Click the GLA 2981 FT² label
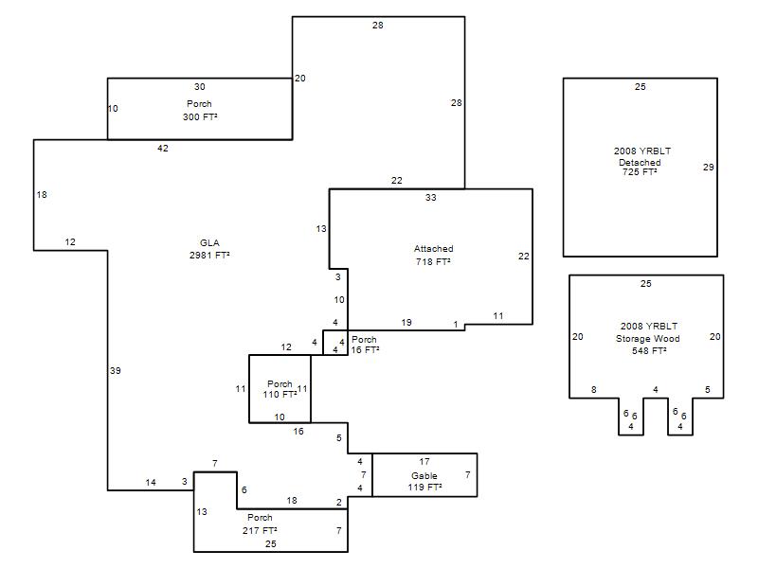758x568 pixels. (209, 249)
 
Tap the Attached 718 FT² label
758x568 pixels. (434, 255)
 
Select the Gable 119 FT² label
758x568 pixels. (424, 482)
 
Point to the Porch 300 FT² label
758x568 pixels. (200, 110)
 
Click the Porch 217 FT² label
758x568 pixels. (260, 524)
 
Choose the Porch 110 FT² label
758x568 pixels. (280, 389)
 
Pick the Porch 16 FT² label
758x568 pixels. (365, 345)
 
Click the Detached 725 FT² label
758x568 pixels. (640, 168)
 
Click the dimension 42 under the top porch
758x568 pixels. (163, 149)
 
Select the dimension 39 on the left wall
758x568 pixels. (115, 370)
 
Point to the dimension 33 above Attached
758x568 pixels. (431, 197)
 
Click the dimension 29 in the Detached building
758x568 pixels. (708, 168)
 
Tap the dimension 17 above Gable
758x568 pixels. (424, 462)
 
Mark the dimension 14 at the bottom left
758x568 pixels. (151, 482)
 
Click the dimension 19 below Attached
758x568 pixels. (406, 322)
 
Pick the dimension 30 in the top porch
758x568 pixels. (200, 87)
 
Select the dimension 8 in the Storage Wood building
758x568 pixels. (594, 390)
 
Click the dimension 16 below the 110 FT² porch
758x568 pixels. (298, 431)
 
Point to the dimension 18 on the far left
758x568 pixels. (42, 195)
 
